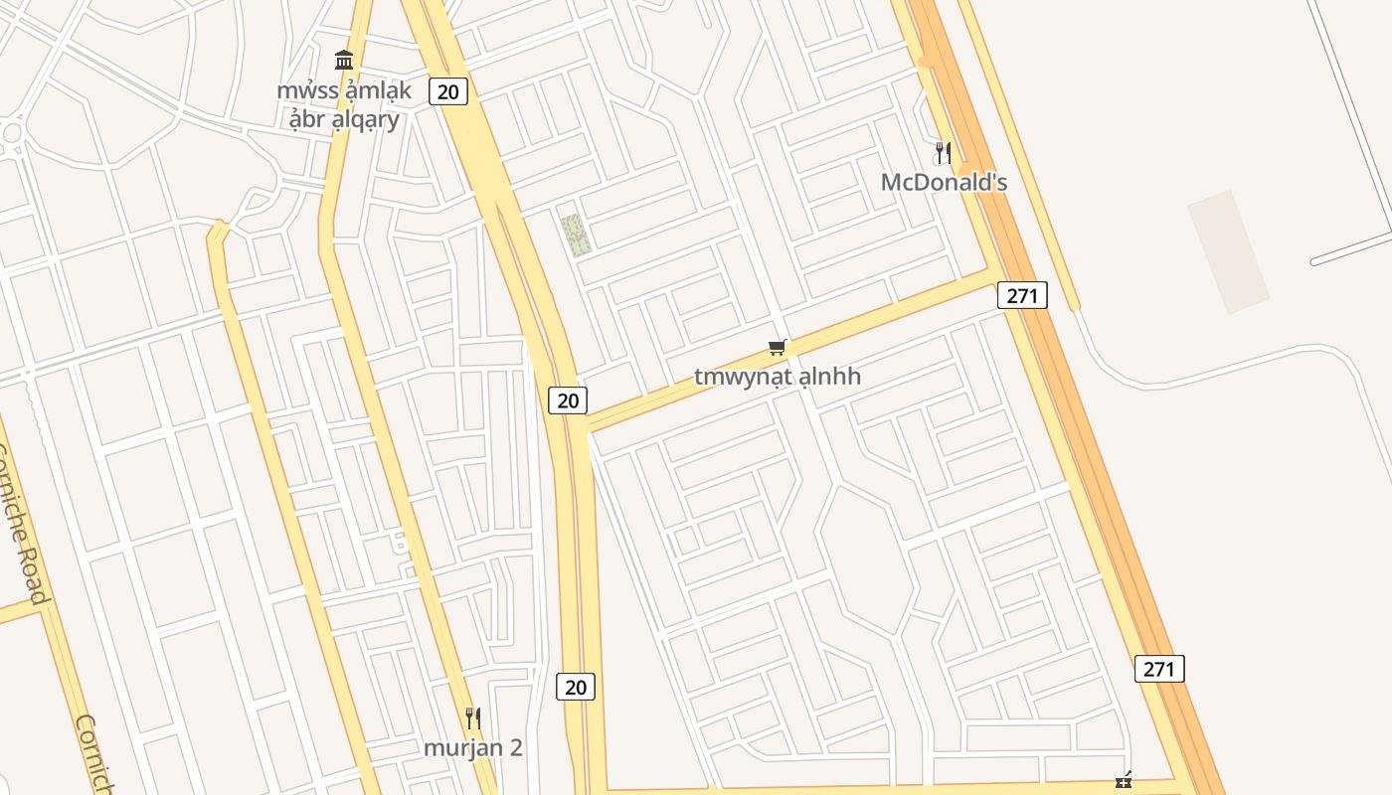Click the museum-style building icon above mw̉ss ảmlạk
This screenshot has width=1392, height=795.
344,60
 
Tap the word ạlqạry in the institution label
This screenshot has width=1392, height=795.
358,120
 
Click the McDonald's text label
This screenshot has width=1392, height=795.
944,182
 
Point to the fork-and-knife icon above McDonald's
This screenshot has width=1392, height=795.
944,153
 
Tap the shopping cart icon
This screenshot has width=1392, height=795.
778,347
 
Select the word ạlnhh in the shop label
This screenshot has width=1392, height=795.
829,377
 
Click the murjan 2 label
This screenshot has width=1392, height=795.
473,747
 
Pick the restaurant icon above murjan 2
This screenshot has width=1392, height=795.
473,717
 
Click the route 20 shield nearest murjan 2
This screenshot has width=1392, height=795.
575,687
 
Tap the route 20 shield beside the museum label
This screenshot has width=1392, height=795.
448,92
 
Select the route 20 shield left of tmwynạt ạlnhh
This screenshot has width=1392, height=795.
567,400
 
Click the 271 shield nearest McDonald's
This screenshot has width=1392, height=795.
1022,295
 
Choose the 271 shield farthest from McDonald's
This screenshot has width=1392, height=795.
1158,669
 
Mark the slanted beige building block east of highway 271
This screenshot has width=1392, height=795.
1228,252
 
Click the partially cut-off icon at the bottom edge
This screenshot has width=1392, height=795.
1124,783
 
